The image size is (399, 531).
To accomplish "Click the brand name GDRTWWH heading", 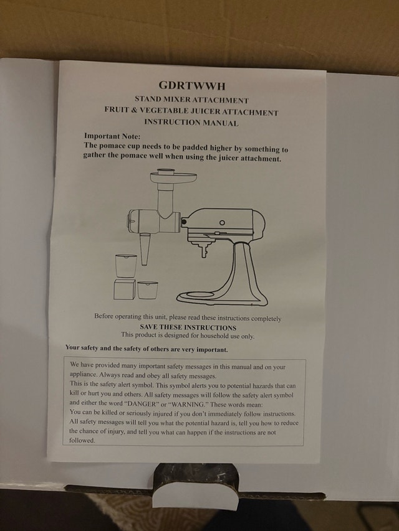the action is (191, 86).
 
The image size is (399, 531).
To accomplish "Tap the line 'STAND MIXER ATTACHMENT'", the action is (191, 100).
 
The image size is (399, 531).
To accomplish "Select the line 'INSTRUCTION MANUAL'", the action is (191, 122).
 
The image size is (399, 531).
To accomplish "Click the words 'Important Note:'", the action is (112, 136).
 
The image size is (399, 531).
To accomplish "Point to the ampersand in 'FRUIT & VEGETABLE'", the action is (133, 110).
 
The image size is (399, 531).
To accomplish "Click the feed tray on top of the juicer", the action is (173, 177).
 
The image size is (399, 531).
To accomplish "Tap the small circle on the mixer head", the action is (222, 222).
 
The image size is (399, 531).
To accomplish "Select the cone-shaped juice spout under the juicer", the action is (145, 249).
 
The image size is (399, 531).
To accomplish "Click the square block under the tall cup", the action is (124, 289).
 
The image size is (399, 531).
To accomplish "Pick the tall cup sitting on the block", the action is (126, 266).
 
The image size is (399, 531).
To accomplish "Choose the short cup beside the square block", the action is (148, 290).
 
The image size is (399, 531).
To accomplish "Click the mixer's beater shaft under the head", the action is (204, 251).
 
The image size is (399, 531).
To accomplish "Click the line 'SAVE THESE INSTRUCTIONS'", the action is (188, 327).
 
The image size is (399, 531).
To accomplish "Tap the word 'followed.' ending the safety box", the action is (82, 441).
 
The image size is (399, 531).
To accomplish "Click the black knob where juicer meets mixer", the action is (183, 222).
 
